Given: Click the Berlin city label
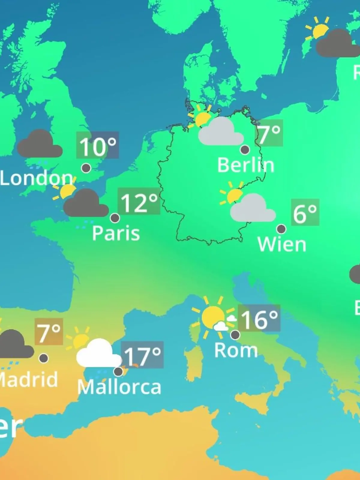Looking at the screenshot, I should [246, 165].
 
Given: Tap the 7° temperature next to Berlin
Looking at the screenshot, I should [269, 133].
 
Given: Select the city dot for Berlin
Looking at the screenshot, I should [245, 149].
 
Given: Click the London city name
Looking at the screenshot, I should [36, 178].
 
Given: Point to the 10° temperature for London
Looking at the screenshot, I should [97, 145].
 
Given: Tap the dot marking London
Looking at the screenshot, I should [86, 168].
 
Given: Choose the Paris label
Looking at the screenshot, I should [116, 233].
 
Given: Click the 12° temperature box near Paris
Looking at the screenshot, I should [139, 201].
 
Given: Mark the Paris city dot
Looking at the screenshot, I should [115, 218].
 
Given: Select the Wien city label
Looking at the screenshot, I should [282, 244].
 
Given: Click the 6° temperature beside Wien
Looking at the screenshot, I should [305, 212].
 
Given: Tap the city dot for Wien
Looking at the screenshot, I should [281, 229].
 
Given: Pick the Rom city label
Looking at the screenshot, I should [236, 350].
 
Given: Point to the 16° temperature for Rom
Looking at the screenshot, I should [259, 319].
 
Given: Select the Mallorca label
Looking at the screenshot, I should [119, 387].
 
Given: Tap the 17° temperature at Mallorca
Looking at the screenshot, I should [142, 355].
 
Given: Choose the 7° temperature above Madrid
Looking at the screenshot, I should [49, 332].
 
